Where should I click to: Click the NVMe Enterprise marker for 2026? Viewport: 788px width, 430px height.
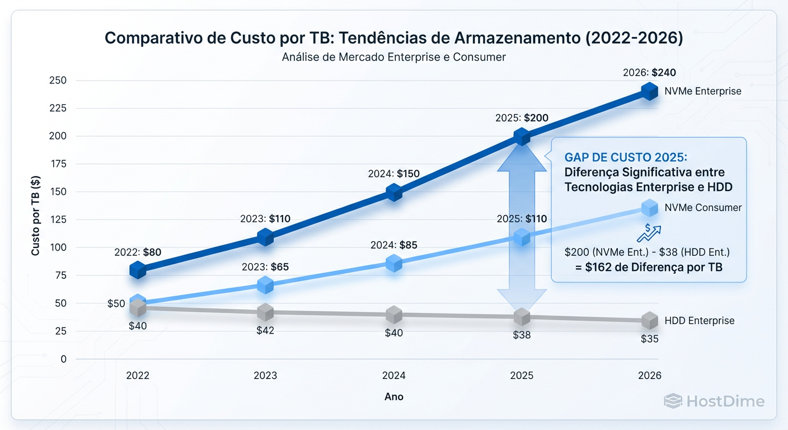point(649,91)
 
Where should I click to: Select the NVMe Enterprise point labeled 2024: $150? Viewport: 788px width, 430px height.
point(394,193)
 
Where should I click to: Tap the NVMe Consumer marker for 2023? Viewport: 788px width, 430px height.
point(265,286)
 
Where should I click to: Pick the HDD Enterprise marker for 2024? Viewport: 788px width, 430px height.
point(394,315)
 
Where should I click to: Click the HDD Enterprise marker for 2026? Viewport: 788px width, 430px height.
point(649,321)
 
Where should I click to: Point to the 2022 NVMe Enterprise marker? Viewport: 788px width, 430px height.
point(138,270)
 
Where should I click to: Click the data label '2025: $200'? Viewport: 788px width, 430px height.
point(522,118)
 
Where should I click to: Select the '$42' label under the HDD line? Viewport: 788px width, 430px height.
point(265,330)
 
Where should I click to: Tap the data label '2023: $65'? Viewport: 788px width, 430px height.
point(265,267)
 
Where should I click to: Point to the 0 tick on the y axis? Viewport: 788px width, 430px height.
point(63,359)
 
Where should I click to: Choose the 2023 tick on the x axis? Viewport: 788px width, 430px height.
point(265,376)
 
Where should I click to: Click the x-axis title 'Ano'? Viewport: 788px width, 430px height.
point(394,396)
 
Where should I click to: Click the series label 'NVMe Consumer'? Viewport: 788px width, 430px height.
point(703,208)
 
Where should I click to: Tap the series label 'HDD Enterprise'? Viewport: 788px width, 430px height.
point(699,321)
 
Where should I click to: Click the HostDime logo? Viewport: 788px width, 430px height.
point(714,401)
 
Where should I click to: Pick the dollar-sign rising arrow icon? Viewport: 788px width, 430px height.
point(649,232)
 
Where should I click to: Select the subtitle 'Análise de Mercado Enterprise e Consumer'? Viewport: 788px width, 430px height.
point(394,57)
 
